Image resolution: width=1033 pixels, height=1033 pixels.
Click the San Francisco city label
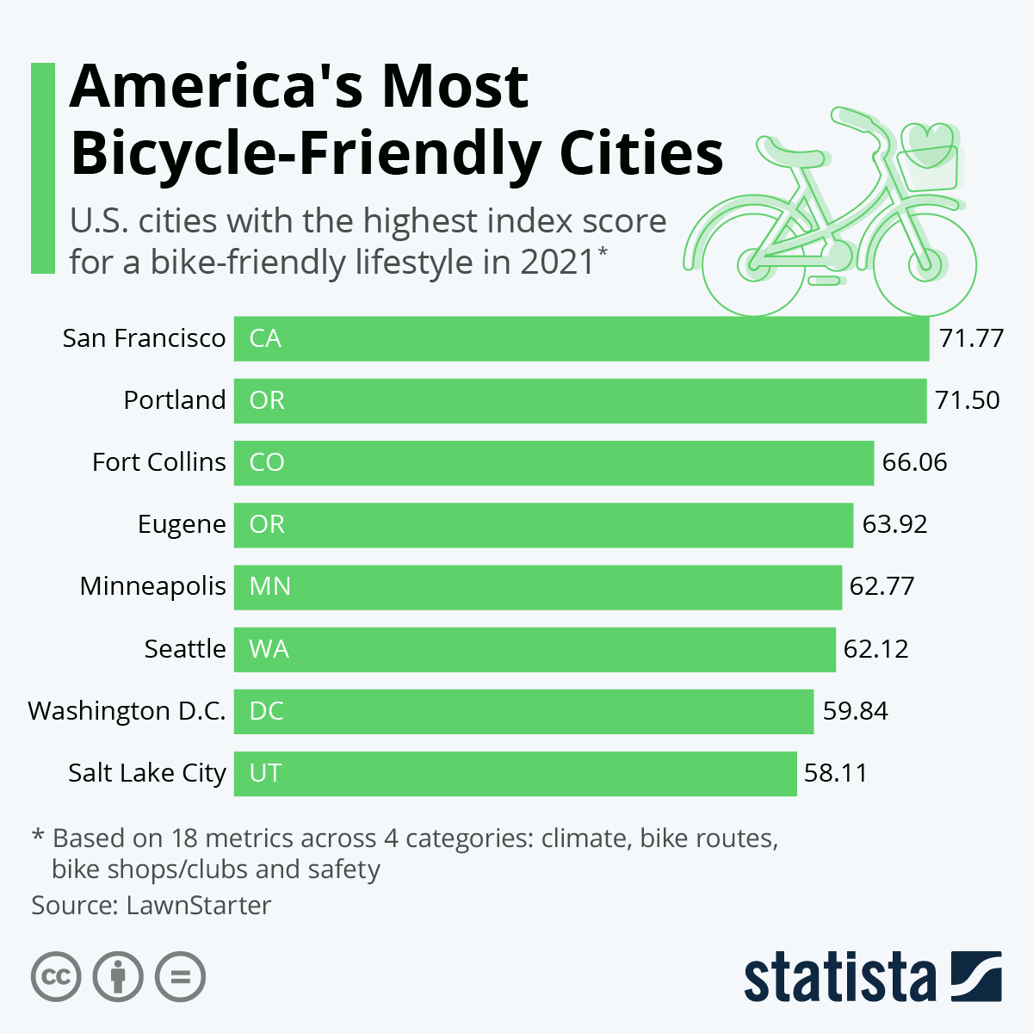click(x=144, y=338)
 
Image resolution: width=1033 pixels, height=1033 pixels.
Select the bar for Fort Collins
click(x=554, y=462)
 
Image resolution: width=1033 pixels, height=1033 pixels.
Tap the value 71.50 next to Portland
click(x=968, y=400)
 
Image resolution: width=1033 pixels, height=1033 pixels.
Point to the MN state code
click(x=269, y=586)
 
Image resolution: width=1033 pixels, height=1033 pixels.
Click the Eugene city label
click(x=182, y=524)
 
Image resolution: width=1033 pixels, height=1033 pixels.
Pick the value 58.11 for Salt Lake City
click(x=835, y=772)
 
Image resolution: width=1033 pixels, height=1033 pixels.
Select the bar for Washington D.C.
click(x=523, y=711)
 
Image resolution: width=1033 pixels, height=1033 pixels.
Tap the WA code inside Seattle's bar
click(x=269, y=648)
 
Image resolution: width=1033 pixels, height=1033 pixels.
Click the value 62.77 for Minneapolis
click(x=881, y=586)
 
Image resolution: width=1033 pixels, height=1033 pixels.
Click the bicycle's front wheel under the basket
click(x=925, y=263)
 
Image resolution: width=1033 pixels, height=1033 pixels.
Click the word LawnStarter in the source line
click(x=198, y=906)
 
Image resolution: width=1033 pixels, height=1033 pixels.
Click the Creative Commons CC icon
click(x=56, y=977)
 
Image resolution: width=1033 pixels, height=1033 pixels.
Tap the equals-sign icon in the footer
click(x=180, y=977)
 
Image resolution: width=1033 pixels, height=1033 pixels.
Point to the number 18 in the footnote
click(x=184, y=838)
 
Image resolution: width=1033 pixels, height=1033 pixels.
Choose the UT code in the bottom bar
click(x=265, y=772)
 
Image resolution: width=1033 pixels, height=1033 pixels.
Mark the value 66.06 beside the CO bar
click(x=914, y=462)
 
